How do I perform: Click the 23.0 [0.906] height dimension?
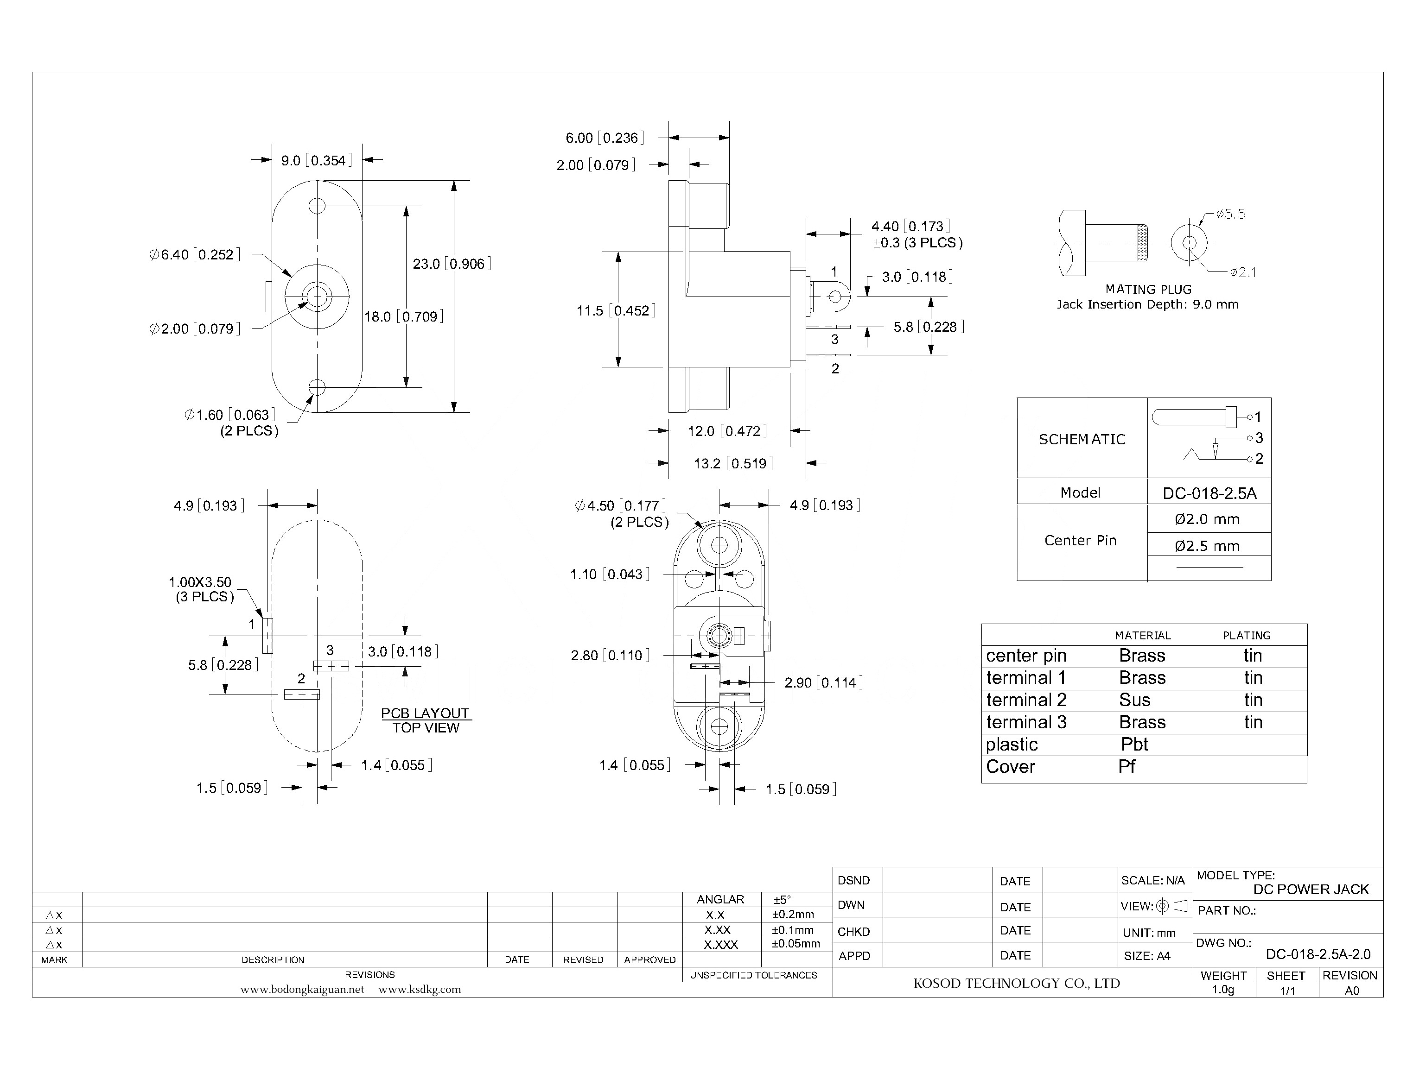click(x=451, y=264)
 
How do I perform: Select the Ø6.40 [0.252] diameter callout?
click(x=194, y=255)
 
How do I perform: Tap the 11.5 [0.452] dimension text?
click(x=616, y=311)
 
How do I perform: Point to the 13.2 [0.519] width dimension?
click(x=733, y=464)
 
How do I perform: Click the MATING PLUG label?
click(x=1148, y=289)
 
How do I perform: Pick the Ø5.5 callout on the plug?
click(x=1230, y=215)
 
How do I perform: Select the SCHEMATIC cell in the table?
click(x=1082, y=439)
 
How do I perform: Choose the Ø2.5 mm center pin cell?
click(x=1207, y=546)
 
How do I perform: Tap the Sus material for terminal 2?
click(x=1134, y=700)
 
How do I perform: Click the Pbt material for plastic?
click(x=1134, y=745)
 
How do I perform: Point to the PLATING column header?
click(x=1246, y=636)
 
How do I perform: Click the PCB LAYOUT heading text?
click(x=425, y=713)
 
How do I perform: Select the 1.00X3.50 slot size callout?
click(x=200, y=582)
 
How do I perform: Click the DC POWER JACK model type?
click(x=1310, y=890)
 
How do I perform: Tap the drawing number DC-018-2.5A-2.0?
click(x=1318, y=955)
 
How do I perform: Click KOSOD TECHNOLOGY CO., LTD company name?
click(x=1016, y=984)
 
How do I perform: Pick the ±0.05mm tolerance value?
click(x=796, y=944)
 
